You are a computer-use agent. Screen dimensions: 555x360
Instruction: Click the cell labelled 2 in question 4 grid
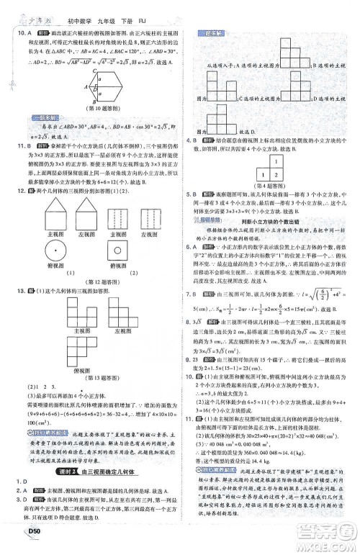click(x=275, y=173)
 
